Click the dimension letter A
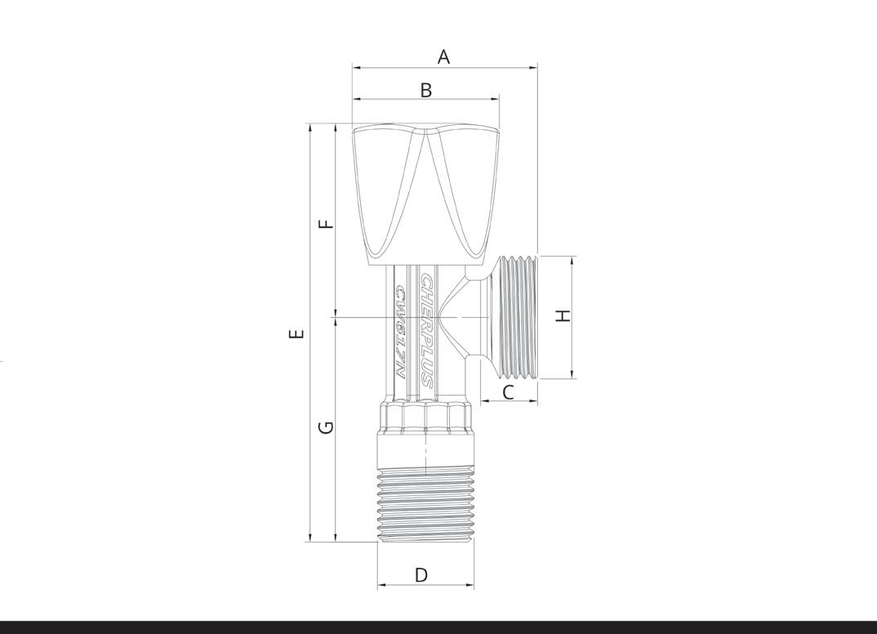pyautogui.click(x=443, y=56)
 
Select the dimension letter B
pyautogui.click(x=426, y=90)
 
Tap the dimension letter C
pyautogui.click(x=508, y=392)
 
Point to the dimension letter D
pyautogui.click(x=421, y=574)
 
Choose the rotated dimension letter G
pyautogui.click(x=326, y=427)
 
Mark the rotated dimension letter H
pyautogui.click(x=563, y=315)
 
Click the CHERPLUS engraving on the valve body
pyautogui.click(x=428, y=330)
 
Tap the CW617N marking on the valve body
pyautogui.click(x=401, y=333)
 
